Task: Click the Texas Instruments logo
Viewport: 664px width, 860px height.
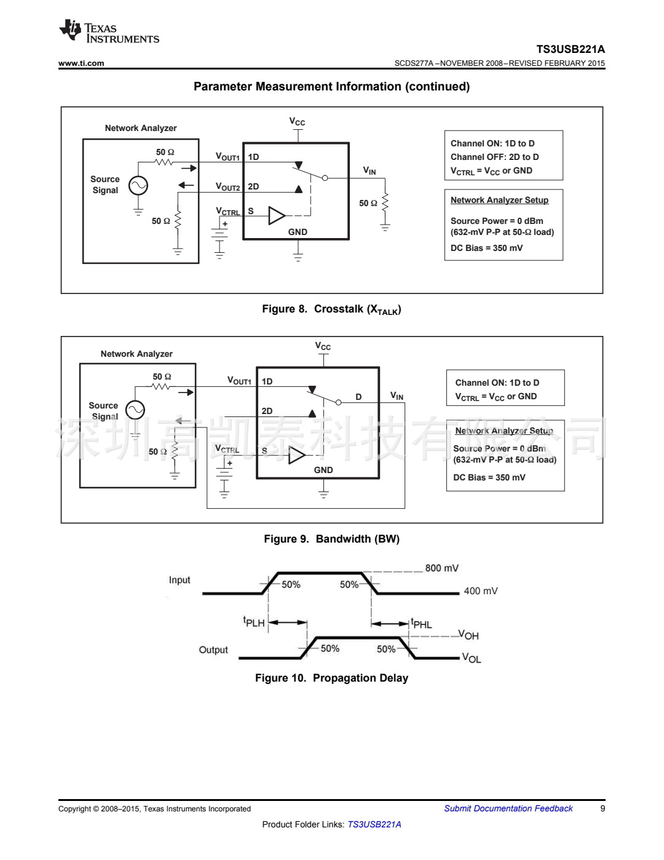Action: click(109, 32)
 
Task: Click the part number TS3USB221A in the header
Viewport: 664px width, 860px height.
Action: click(570, 49)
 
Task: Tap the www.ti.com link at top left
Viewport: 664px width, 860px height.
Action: click(81, 63)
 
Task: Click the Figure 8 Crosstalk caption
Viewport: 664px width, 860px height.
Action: click(331, 309)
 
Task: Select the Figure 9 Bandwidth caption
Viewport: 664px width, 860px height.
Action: click(331, 539)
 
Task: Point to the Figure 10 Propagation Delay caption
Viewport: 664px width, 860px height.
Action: click(331, 678)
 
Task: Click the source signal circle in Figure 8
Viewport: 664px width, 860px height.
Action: click(138, 185)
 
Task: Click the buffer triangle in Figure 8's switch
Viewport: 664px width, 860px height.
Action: click(277, 216)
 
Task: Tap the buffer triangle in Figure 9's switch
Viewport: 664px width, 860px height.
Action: click(296, 455)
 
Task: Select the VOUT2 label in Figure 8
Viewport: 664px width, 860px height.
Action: click(227, 187)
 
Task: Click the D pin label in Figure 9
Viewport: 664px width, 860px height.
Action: click(358, 397)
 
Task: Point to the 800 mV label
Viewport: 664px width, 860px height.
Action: click(441, 568)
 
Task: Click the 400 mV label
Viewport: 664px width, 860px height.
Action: click(480, 591)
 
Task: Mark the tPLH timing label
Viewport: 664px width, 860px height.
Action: click(254, 623)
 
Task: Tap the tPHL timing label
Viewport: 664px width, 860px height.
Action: click(422, 624)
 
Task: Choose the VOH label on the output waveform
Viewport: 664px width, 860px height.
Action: click(468, 635)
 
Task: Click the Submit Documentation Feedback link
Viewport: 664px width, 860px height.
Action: click(508, 808)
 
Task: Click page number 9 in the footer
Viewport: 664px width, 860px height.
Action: click(603, 808)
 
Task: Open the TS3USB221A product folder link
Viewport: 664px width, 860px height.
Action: click(374, 824)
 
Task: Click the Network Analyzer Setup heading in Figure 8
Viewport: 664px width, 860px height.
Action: click(499, 200)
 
